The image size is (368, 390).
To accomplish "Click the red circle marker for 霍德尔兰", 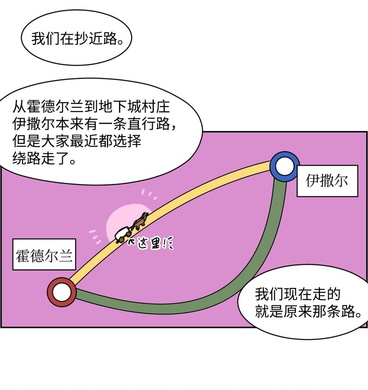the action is pyautogui.click(x=61, y=292).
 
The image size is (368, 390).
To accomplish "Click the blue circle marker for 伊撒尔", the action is pyautogui.click(x=284, y=166).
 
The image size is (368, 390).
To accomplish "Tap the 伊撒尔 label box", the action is pyautogui.click(x=327, y=181).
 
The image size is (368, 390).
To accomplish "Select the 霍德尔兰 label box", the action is pyautogui.click(x=44, y=254).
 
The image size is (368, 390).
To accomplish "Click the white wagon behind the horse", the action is pyautogui.click(x=123, y=234).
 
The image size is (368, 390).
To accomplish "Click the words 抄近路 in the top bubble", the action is pyautogui.click(x=98, y=39).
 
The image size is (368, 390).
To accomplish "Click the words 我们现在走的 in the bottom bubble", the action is pyautogui.click(x=297, y=295).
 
